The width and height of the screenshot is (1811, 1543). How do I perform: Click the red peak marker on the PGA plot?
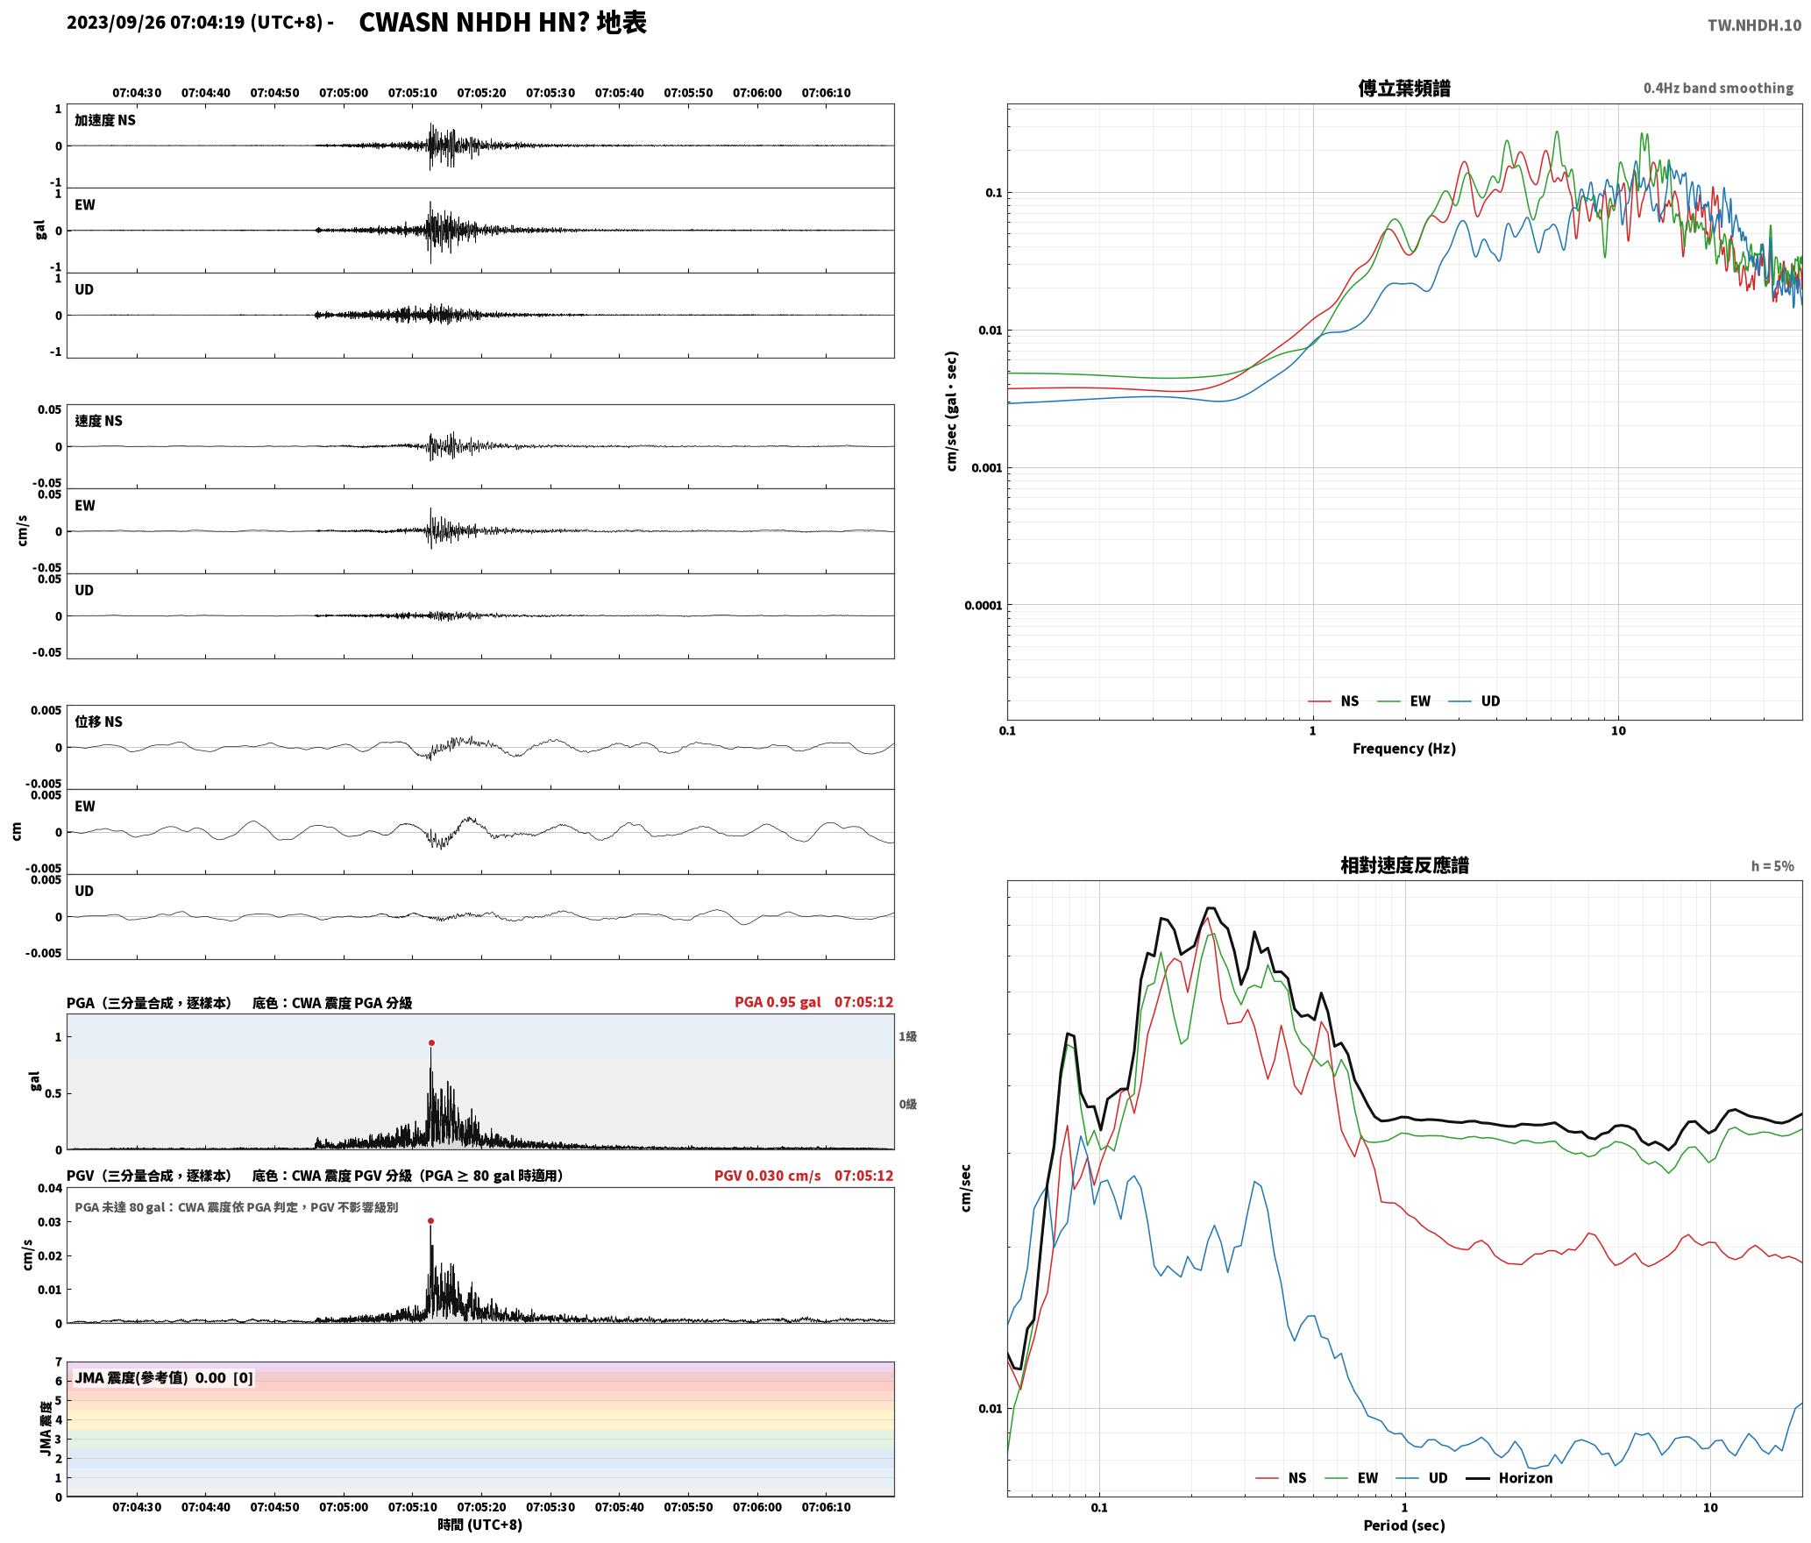[431, 1042]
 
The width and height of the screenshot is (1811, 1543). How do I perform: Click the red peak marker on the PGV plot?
[430, 1220]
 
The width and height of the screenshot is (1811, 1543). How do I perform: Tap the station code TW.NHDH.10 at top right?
[1754, 25]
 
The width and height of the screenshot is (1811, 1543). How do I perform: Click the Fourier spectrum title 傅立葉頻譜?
[1403, 88]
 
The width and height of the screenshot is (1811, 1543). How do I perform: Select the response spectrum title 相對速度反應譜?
[1404, 865]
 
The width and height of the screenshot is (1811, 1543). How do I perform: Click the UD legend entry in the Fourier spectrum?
[1474, 700]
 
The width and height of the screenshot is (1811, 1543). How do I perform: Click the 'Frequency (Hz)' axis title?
[1403, 748]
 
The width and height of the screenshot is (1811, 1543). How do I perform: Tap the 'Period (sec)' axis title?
[1403, 1525]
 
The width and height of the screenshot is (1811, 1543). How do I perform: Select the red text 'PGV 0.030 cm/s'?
[767, 1175]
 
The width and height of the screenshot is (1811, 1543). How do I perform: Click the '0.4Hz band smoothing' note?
[1718, 88]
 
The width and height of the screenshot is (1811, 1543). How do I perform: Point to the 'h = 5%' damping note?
[1772, 865]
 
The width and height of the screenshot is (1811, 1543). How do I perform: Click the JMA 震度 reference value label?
[164, 1377]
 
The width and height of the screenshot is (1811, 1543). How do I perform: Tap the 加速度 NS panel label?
[105, 120]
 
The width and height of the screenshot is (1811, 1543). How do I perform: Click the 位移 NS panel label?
[98, 722]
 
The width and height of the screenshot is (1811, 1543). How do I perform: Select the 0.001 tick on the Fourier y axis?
[986, 467]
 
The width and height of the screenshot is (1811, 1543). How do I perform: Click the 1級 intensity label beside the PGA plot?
[907, 1036]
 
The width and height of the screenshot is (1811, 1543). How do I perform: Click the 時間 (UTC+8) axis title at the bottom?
[479, 1525]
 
